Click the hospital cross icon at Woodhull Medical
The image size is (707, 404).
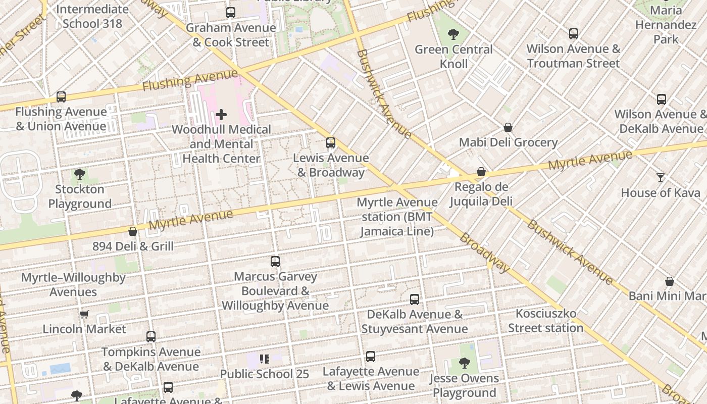(x=221, y=115)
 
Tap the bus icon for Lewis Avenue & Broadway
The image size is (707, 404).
(x=331, y=143)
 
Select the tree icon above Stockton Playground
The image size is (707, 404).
(x=79, y=175)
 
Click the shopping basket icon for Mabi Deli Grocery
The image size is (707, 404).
(x=508, y=128)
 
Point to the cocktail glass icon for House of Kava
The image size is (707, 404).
(x=661, y=178)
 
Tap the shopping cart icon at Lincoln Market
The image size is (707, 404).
(x=84, y=314)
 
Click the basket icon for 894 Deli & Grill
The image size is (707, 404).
(x=133, y=231)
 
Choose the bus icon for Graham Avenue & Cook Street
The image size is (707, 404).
(x=231, y=13)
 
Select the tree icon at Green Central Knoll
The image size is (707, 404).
(x=453, y=34)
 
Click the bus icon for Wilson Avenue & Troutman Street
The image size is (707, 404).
(x=574, y=34)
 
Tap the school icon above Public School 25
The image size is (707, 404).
(x=265, y=359)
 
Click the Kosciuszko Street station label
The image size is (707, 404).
(x=545, y=321)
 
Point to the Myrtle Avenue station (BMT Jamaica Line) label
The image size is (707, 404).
(x=397, y=217)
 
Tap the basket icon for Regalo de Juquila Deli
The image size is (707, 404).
(x=481, y=172)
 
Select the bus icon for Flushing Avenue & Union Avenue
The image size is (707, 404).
(x=61, y=97)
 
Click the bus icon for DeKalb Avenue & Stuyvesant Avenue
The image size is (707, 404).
(x=415, y=299)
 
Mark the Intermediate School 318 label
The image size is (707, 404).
(x=92, y=16)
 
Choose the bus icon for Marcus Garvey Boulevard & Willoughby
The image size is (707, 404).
(x=275, y=262)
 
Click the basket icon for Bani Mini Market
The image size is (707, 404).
(x=670, y=281)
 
